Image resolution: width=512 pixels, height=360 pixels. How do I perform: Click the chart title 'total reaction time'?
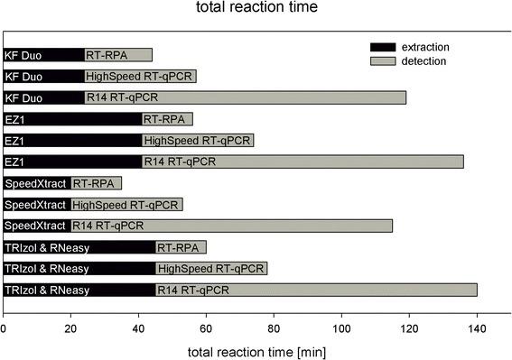point(256,10)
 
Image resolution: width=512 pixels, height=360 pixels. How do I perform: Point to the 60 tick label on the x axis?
point(207,328)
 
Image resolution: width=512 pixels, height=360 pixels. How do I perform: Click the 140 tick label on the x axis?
point(477,328)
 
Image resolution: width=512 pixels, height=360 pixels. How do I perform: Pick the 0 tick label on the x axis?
point(5,328)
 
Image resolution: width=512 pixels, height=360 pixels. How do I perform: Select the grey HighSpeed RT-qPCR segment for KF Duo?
point(140,76)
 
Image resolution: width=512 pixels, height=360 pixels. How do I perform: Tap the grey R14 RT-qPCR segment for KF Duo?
point(245,97)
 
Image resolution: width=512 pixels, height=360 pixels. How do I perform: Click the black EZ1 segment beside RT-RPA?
point(73,118)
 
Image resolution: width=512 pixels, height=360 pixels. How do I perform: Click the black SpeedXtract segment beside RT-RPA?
point(37,183)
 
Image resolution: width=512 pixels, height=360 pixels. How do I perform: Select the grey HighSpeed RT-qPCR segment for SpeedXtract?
point(126,204)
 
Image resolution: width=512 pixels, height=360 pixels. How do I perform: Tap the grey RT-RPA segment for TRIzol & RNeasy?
point(181,247)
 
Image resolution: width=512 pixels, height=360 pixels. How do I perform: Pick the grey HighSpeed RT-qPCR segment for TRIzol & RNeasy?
point(211,268)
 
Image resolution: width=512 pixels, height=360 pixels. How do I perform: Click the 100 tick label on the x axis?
point(341,328)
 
